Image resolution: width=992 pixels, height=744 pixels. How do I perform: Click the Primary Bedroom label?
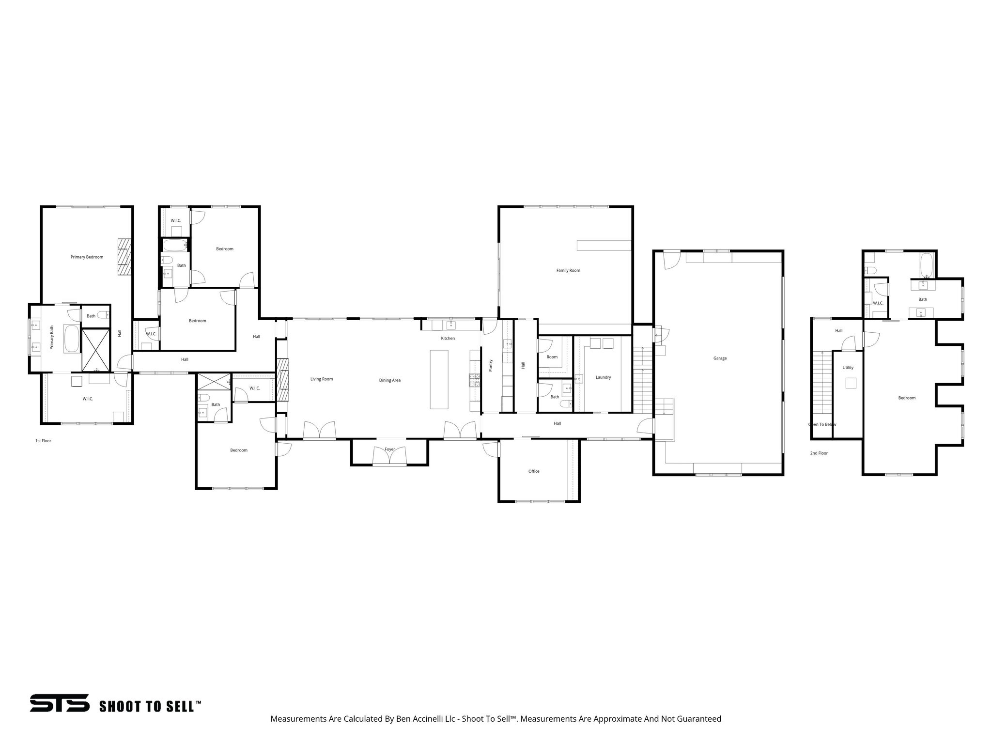(x=87, y=257)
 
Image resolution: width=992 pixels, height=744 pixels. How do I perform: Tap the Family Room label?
(x=568, y=270)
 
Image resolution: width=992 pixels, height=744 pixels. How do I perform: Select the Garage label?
(x=720, y=358)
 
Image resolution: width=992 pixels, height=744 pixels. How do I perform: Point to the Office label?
(x=534, y=471)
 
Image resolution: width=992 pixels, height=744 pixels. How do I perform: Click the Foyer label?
(x=390, y=449)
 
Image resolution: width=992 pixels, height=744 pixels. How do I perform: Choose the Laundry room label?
(x=603, y=377)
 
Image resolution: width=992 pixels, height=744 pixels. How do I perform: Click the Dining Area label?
(x=389, y=380)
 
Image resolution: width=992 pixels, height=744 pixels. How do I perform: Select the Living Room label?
(x=322, y=379)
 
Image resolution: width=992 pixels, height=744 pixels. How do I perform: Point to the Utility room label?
(x=848, y=368)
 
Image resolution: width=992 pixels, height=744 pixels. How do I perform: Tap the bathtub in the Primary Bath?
(x=72, y=339)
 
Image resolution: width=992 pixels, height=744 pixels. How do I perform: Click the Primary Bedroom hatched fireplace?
(x=125, y=257)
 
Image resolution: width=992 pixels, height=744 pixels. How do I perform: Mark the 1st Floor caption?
(x=43, y=441)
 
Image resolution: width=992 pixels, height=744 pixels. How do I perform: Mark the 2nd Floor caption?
(x=819, y=453)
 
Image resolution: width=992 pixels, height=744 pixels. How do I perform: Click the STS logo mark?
(x=60, y=703)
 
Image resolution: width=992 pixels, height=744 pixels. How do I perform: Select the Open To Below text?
(x=822, y=424)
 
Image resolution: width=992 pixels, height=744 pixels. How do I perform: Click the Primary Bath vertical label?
(x=52, y=338)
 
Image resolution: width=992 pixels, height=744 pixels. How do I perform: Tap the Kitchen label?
(x=448, y=338)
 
